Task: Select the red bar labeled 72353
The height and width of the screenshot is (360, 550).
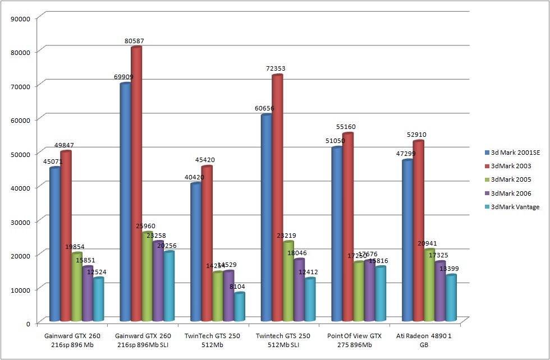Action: [277, 196]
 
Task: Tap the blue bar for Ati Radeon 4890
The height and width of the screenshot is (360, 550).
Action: [407, 241]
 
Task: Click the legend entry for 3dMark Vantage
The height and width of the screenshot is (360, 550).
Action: [515, 207]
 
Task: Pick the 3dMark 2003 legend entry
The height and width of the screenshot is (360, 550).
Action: [511, 165]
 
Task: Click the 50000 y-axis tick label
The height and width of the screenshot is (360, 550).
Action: [21, 153]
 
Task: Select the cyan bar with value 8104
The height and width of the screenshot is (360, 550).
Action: [240, 307]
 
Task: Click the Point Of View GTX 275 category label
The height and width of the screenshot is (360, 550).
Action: [354, 340]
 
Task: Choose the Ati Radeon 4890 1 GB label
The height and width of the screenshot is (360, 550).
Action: [424, 340]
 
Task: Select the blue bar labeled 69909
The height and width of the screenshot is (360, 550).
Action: [125, 202]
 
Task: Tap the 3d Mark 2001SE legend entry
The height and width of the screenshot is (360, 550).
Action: [515, 152]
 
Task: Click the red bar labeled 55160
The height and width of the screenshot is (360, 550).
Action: [348, 227]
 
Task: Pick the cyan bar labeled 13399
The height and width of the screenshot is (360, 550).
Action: [451, 298]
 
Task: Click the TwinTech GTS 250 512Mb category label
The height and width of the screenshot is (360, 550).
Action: [213, 340]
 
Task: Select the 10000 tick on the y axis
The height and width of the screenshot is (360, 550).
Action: [21, 289]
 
